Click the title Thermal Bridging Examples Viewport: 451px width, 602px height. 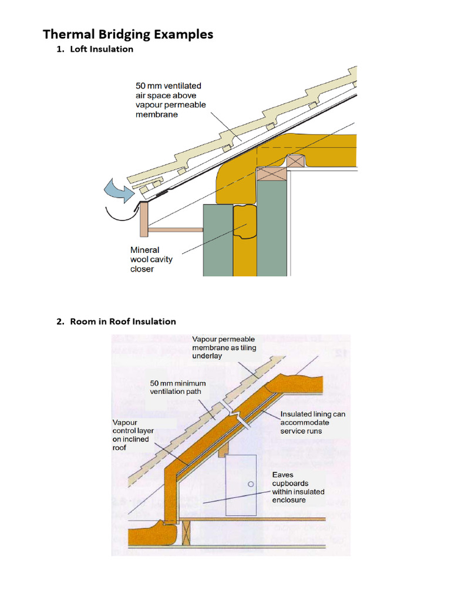(127, 34)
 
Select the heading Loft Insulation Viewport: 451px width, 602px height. (102, 49)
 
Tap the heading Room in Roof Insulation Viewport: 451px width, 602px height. (123, 322)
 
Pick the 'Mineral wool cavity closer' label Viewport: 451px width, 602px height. (151, 259)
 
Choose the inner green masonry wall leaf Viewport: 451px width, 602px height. (272, 229)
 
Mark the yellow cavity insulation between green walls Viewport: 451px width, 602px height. (245, 247)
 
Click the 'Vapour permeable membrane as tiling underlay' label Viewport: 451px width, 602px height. (224, 347)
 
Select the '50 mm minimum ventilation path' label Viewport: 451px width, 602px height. (178, 387)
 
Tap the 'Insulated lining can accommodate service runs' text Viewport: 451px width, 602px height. (312, 422)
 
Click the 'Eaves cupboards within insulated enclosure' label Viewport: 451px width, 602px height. (298, 487)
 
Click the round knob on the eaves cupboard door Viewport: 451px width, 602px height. (251, 484)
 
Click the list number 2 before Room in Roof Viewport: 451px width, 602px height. (59, 322)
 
